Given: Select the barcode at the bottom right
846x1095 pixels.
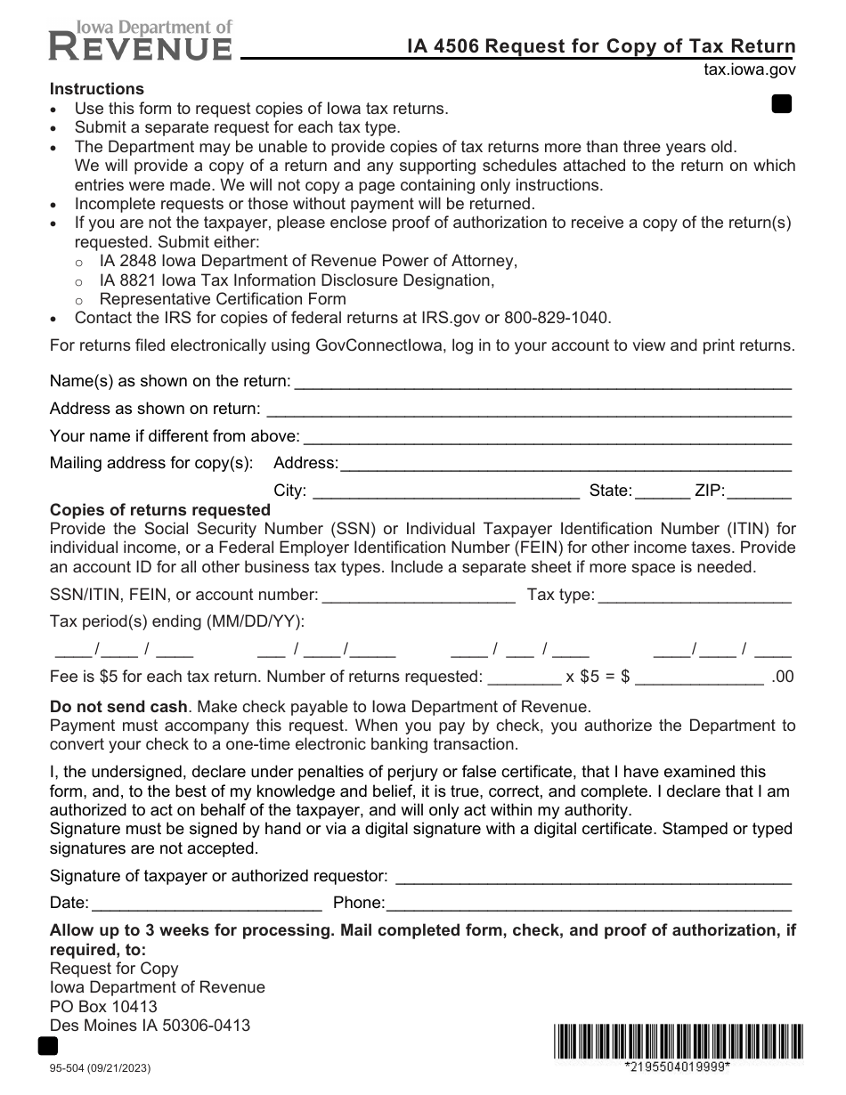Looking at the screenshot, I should tap(677, 1042).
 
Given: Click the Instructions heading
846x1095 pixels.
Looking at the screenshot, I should tap(96, 89).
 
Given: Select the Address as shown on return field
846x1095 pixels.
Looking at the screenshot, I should tap(529, 410).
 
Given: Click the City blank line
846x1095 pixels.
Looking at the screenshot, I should tap(445, 491).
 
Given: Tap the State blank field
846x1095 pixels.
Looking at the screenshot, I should tap(663, 491).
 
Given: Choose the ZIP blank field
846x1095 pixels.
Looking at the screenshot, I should tap(760, 491).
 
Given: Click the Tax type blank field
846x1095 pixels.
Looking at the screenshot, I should tap(695, 596).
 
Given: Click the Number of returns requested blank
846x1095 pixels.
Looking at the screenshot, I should tap(525, 677).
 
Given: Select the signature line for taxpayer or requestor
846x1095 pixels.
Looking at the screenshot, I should tap(592, 877).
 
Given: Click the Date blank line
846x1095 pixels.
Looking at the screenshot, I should tap(207, 904).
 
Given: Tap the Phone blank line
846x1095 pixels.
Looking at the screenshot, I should tap(588, 904).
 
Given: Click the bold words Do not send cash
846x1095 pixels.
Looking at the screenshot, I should tap(118, 707).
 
